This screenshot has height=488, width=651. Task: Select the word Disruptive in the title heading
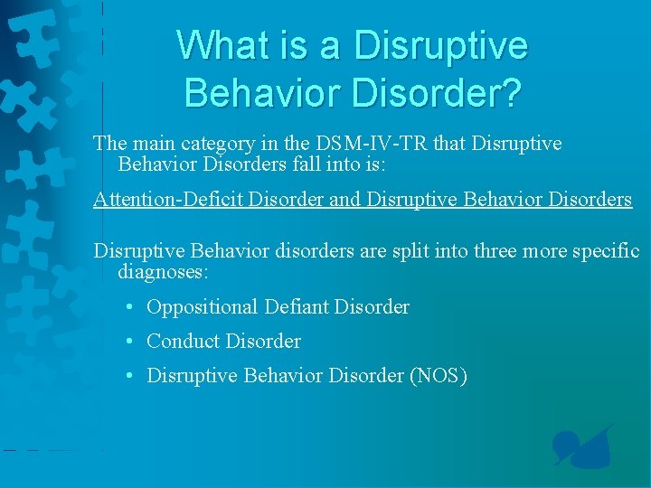(442, 45)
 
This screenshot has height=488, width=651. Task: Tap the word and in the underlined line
(344, 200)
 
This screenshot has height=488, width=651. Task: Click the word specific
(605, 249)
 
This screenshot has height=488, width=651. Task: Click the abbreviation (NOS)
(439, 376)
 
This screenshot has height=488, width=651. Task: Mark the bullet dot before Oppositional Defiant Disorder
(130, 307)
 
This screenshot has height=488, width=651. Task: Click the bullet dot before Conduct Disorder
(130, 342)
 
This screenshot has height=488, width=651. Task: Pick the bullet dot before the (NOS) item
(130, 376)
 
